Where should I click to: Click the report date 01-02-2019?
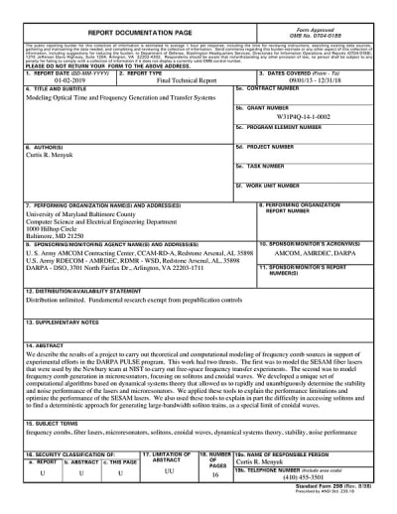pyautogui.click(x=60, y=82)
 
